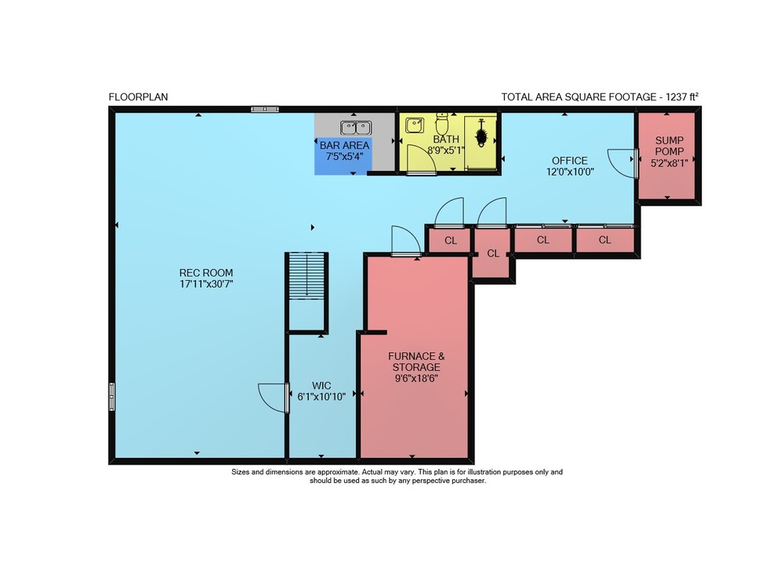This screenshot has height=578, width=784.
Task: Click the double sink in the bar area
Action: [x=356, y=128]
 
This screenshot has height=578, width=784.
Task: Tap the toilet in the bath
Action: [x=442, y=123]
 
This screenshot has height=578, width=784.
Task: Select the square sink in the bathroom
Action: [x=415, y=125]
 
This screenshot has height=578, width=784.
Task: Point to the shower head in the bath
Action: [x=481, y=133]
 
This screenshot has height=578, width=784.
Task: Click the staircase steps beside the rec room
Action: [x=307, y=276]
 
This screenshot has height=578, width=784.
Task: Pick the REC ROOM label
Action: [x=206, y=273]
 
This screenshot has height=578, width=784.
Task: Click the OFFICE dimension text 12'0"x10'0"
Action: [x=570, y=172]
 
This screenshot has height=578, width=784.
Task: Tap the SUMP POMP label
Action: [x=670, y=146]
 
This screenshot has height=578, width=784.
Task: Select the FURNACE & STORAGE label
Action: [x=416, y=362]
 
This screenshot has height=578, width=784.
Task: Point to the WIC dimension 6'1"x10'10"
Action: [x=321, y=397]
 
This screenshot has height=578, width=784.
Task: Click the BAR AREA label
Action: [x=344, y=146]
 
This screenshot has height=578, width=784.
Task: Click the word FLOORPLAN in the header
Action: [x=139, y=97]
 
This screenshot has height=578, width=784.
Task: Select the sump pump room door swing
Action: [x=620, y=163]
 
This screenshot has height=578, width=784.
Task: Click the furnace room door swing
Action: [x=406, y=240]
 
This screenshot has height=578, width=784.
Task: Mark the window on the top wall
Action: [x=265, y=109]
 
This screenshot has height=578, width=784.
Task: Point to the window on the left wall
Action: [x=112, y=397]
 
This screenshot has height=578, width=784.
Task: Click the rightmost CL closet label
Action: [x=605, y=240]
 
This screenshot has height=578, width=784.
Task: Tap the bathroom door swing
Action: [x=422, y=158]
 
